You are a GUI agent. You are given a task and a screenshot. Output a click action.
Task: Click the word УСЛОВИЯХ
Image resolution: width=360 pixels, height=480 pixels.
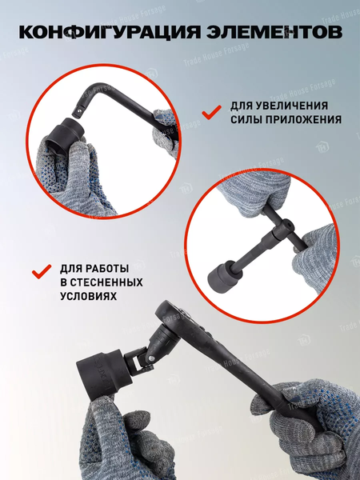(88, 296)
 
